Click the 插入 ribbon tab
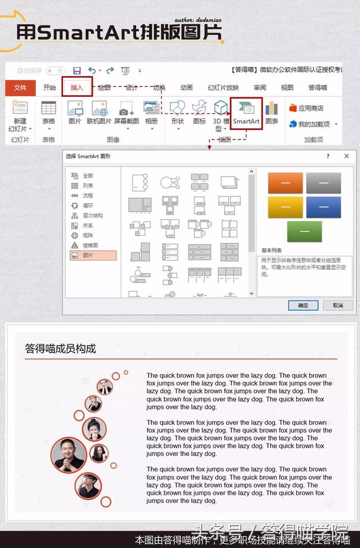click(x=76, y=88)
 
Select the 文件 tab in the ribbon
click(x=20, y=88)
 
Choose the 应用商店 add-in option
click(x=307, y=108)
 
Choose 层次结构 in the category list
click(x=92, y=215)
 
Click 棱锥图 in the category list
click(x=90, y=245)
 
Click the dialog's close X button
click(x=346, y=156)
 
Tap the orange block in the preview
click(x=285, y=183)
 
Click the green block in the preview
click(x=304, y=231)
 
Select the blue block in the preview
click(x=323, y=207)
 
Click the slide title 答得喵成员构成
click(x=61, y=349)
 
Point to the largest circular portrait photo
click(x=69, y=455)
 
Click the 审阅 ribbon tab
click(x=259, y=88)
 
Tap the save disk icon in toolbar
click(x=76, y=70)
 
